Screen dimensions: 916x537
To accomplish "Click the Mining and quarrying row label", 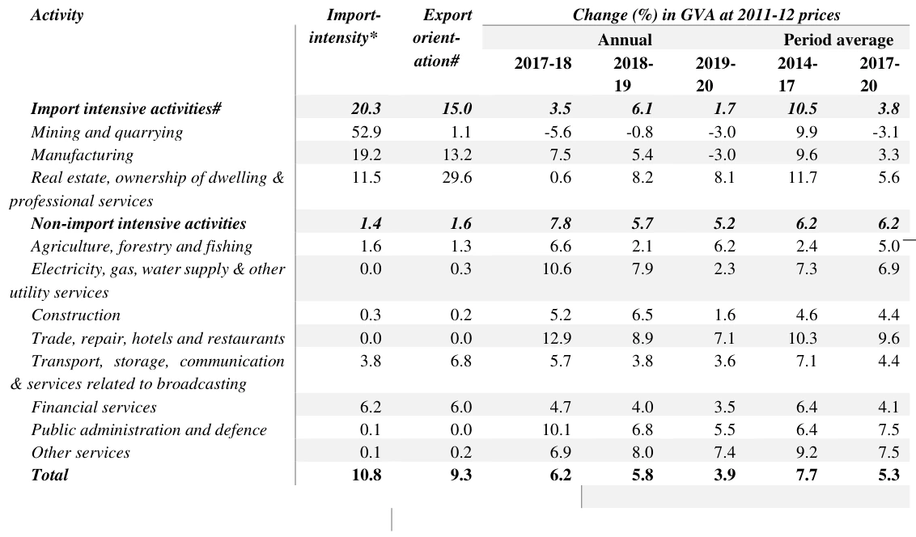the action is (x=107, y=133).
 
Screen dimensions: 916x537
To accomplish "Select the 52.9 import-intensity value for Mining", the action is (x=367, y=132).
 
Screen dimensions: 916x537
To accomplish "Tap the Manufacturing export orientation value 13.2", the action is (x=457, y=154).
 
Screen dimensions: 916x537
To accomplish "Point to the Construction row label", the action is (x=76, y=315).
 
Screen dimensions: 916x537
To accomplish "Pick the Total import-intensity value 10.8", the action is (x=367, y=475).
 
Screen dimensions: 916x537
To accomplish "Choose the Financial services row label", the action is (x=94, y=407).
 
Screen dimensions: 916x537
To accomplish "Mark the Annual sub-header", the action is (x=625, y=40).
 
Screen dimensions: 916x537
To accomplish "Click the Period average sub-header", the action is (x=838, y=40).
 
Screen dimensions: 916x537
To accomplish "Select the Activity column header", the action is (x=57, y=15).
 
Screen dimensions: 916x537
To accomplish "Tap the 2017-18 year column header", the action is (x=543, y=63).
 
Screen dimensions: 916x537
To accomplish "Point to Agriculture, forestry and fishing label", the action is (x=142, y=247).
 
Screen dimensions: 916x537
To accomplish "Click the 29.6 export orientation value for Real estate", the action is (x=457, y=177).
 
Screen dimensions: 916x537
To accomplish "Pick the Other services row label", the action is (x=81, y=452).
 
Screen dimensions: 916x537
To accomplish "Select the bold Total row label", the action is (x=49, y=475).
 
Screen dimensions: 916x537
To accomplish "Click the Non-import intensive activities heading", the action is (x=138, y=223).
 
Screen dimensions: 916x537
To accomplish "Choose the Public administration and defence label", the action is (x=149, y=430).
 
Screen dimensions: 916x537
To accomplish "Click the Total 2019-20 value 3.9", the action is (x=724, y=475).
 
